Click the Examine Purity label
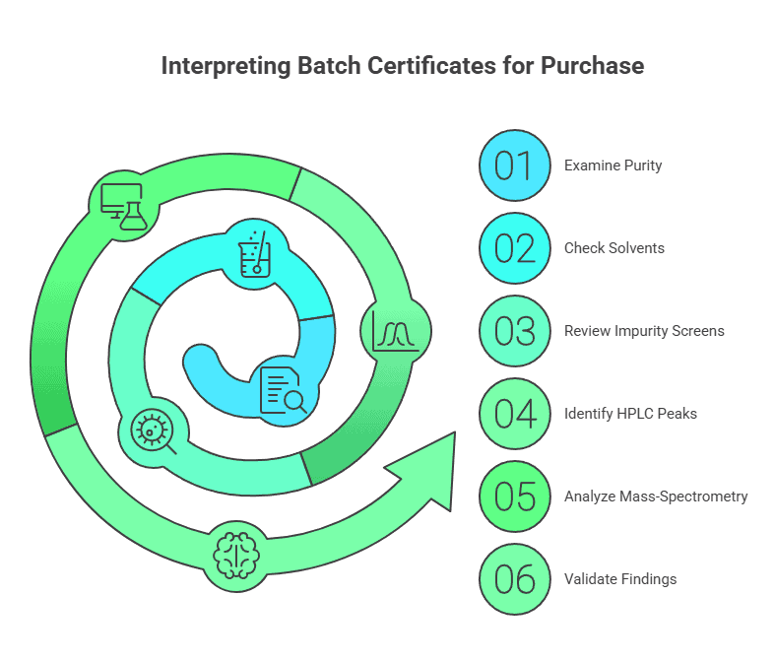click(x=613, y=165)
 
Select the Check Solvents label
click(x=614, y=248)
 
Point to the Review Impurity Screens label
click(x=644, y=331)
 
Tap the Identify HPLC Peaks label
click(x=630, y=414)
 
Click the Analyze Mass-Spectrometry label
click(x=656, y=496)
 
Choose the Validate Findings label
click(x=620, y=579)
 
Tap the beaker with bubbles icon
click(x=255, y=251)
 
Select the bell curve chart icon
click(x=396, y=332)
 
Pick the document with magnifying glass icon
click(x=283, y=389)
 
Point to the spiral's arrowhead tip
click(x=453, y=434)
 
